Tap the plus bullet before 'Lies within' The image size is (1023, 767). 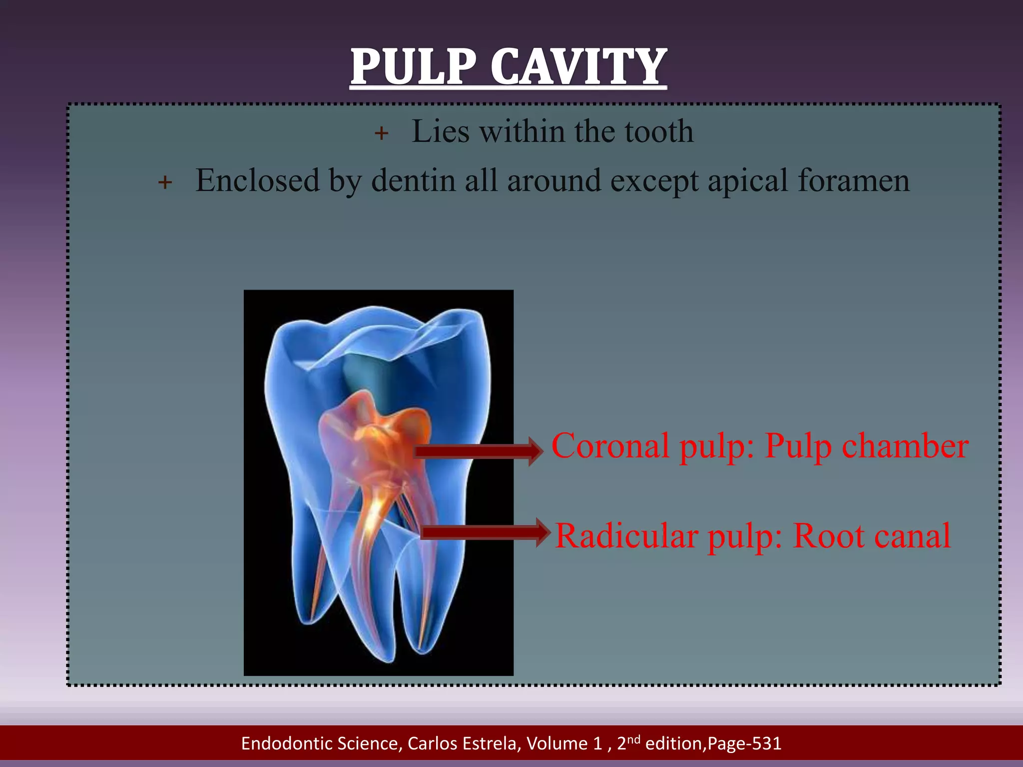[381, 133]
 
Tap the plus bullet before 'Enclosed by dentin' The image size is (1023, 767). [165, 182]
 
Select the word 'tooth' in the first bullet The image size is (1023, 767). [659, 132]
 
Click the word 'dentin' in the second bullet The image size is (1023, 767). [413, 180]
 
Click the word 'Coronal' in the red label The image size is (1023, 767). [610, 446]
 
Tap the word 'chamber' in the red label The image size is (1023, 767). [905, 446]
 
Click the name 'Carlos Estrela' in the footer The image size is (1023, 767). [464, 744]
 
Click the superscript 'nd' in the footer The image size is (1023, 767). [634, 739]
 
